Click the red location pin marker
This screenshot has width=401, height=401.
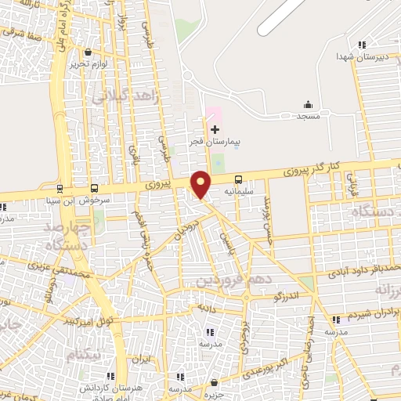[201, 184]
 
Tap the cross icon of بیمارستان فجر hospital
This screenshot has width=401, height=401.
[215, 128]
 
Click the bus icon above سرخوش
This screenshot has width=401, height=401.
[95, 189]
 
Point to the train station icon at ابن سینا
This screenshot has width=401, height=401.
[60, 189]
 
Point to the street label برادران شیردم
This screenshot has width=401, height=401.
[370, 312]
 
